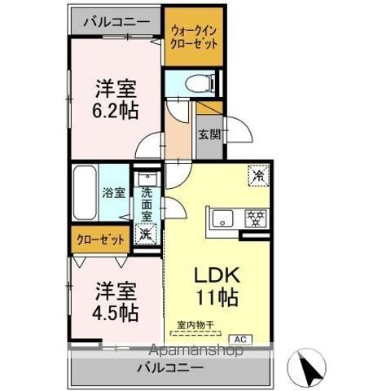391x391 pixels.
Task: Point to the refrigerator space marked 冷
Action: [x=259, y=174]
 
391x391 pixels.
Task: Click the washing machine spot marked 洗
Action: [x=145, y=233]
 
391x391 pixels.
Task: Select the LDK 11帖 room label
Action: [x=214, y=284]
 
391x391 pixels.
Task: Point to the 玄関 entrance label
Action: [x=208, y=134]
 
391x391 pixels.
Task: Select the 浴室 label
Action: [x=114, y=193]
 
